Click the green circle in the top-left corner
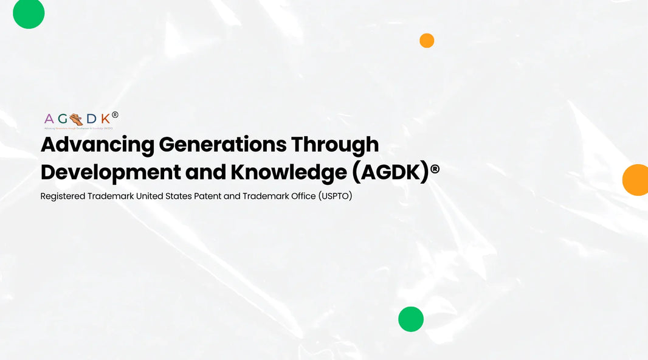[x=29, y=13]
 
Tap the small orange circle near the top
[x=427, y=41]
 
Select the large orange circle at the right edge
[x=636, y=180]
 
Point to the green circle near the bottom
[x=411, y=319]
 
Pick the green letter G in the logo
[x=64, y=119]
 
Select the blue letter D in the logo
[x=91, y=119]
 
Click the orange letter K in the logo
[x=105, y=119]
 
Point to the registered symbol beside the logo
[x=115, y=114]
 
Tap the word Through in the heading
[x=335, y=145]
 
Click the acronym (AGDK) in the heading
[x=390, y=173]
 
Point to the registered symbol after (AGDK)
[x=435, y=170]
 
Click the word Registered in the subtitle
[x=62, y=196]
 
